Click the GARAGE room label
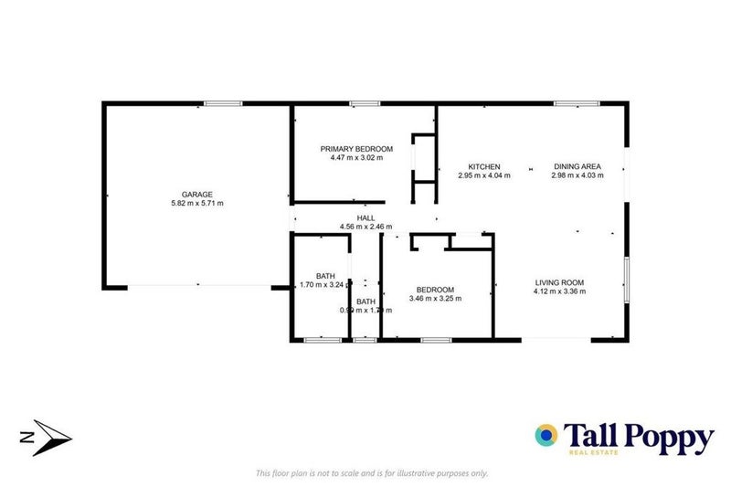click(197, 194)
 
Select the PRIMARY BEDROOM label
click(356, 149)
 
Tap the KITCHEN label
click(484, 166)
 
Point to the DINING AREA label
click(577, 166)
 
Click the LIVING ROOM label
click(559, 282)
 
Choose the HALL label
click(366, 217)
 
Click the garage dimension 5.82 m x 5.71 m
click(197, 203)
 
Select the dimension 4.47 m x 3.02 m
click(356, 158)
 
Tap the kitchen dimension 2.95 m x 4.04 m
click(484, 175)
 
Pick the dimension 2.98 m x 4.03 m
click(577, 175)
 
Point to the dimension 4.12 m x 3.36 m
click(559, 291)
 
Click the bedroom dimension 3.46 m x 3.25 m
click(435, 298)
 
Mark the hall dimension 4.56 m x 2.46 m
click(366, 227)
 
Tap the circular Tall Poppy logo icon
click(547, 436)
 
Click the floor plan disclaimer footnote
click(372, 472)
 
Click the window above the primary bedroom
click(365, 103)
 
